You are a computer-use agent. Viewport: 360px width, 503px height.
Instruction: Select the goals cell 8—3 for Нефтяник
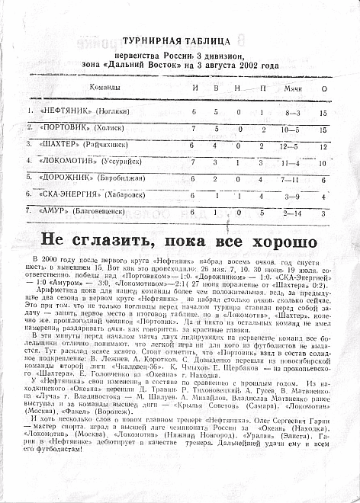point(292,113)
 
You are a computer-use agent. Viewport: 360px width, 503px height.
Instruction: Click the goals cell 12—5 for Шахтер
point(292,146)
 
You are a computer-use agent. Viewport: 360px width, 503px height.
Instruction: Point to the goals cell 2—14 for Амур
point(292,213)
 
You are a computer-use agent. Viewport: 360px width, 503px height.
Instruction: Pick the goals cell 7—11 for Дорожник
point(292,179)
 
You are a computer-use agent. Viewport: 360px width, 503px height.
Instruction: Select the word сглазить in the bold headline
point(110,241)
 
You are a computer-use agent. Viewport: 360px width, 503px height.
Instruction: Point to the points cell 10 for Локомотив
point(323,162)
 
